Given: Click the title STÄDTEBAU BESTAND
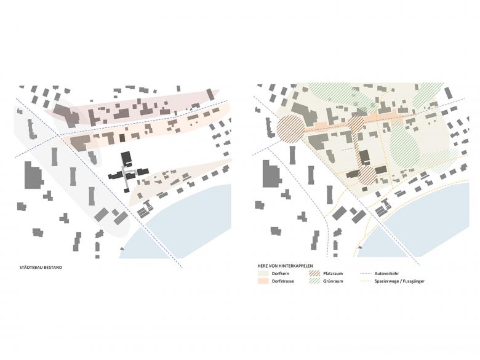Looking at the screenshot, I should click(40, 268).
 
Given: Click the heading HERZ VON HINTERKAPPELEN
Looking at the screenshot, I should click(284, 265).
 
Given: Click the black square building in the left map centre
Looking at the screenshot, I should click(127, 158).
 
